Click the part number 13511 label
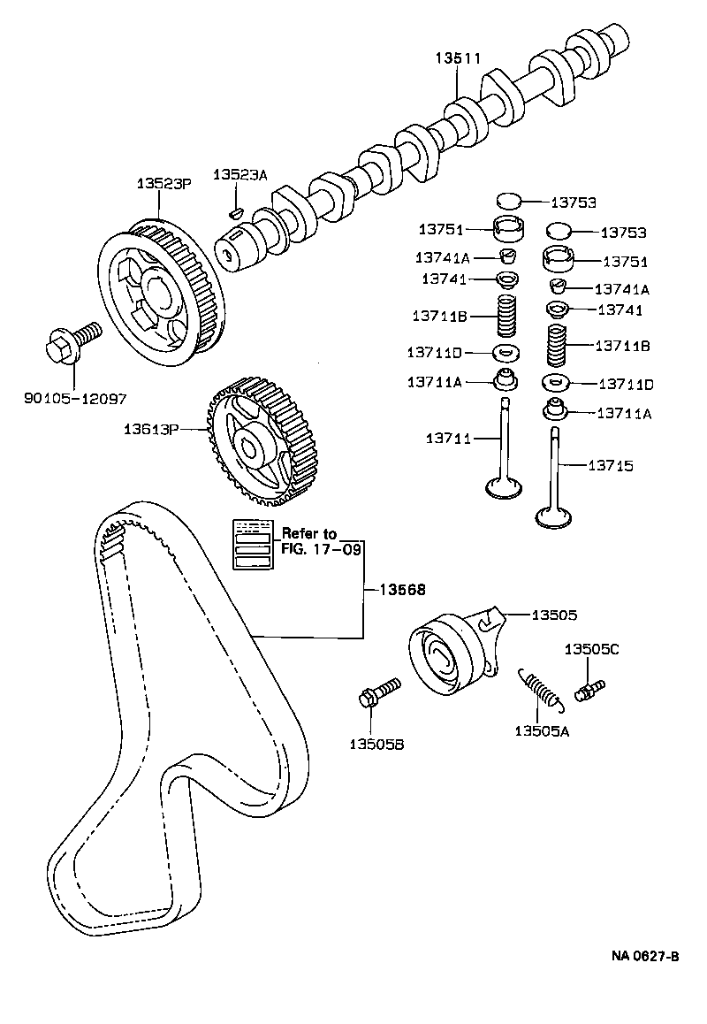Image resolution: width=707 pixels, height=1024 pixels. (x=457, y=59)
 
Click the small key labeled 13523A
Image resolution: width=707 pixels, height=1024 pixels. (x=235, y=210)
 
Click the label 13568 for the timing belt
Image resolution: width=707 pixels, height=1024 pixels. (x=403, y=588)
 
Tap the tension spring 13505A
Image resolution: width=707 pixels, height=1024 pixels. (x=539, y=689)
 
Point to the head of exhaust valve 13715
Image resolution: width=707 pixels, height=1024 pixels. (x=554, y=515)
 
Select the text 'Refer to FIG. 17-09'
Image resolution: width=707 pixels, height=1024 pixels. (x=309, y=541)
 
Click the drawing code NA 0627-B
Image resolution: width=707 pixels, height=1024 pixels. (x=645, y=957)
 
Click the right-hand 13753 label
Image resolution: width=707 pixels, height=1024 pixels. (x=623, y=233)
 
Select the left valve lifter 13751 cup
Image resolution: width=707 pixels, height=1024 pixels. (x=508, y=230)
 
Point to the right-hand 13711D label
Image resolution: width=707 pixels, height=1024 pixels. (x=625, y=385)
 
